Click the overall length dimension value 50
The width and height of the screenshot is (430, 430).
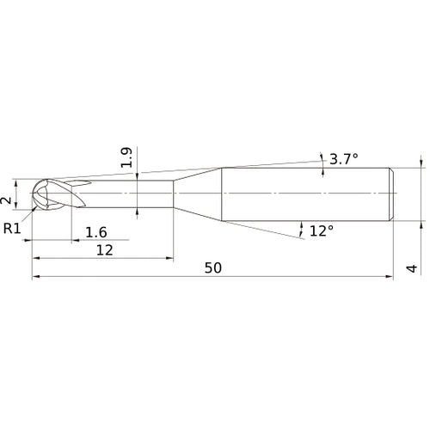pos(213,267)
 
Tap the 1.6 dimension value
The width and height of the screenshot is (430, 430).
pos(96,231)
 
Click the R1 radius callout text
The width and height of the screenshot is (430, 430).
pos(12,229)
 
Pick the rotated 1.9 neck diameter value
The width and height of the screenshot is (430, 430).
pos(126,157)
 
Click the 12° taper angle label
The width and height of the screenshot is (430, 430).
pos(321,230)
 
